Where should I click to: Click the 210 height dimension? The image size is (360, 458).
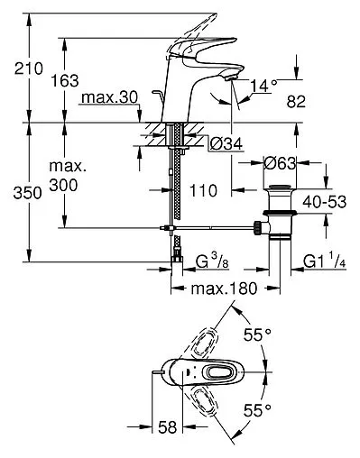(x=29, y=69)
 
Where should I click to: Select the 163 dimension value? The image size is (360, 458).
(x=65, y=81)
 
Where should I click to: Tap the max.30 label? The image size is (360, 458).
(x=110, y=97)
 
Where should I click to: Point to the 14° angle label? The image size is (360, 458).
(x=263, y=86)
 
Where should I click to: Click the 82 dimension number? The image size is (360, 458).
(x=296, y=102)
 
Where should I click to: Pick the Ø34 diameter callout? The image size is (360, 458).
(x=226, y=144)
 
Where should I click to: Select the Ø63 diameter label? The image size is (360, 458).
(x=280, y=163)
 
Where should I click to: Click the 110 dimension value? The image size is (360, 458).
(x=203, y=190)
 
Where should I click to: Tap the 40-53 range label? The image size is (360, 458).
(x=325, y=202)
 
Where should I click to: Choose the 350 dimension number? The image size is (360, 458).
(x=27, y=193)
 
